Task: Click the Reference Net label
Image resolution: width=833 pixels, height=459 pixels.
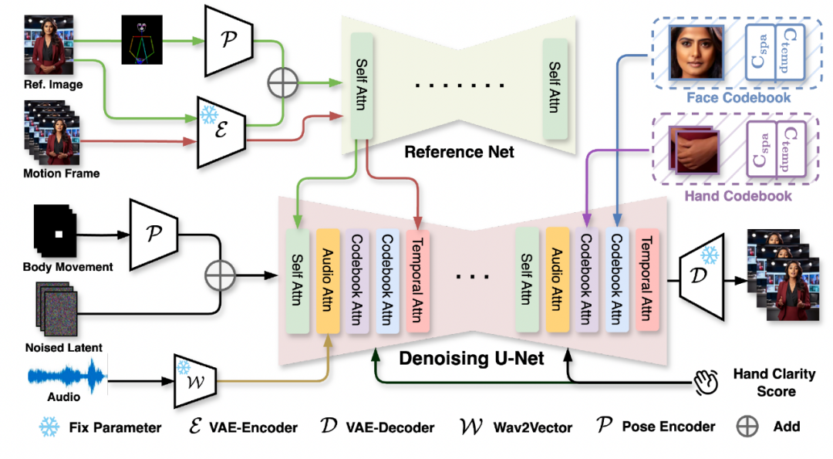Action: (x=459, y=152)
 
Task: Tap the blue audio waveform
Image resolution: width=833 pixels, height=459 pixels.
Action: (x=66, y=378)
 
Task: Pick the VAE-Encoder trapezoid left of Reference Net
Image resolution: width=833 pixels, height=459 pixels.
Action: (x=221, y=131)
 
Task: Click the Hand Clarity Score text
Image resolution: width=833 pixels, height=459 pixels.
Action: (x=773, y=383)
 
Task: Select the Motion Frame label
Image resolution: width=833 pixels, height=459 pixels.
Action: (x=61, y=174)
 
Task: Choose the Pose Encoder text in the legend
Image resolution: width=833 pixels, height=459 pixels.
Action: (x=667, y=427)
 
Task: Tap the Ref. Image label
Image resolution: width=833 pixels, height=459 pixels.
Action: (x=53, y=84)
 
